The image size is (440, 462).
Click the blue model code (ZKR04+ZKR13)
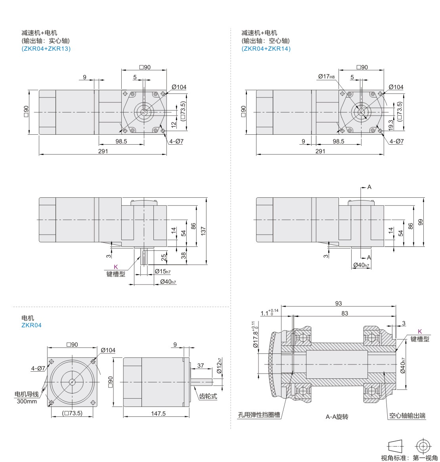coord(46,49)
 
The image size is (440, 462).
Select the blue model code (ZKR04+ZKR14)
coord(266,49)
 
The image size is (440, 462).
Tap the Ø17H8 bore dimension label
coord(326,76)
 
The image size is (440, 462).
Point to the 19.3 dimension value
coord(391,125)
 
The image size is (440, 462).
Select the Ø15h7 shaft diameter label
coord(163,271)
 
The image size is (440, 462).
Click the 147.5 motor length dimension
coord(158,413)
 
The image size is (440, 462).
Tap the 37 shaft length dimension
coord(201,365)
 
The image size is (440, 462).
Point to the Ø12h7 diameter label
coord(219,365)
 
